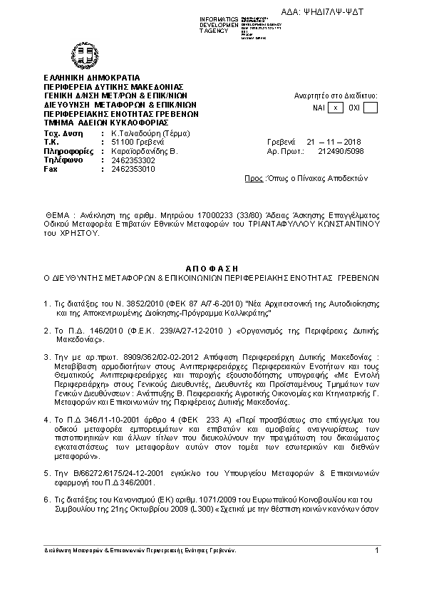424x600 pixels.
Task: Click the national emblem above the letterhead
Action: pyautogui.click(x=79, y=56)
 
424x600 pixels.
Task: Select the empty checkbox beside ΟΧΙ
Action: pyautogui.click(x=370, y=108)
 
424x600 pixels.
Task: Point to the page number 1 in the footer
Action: pyautogui.click(x=376, y=549)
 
